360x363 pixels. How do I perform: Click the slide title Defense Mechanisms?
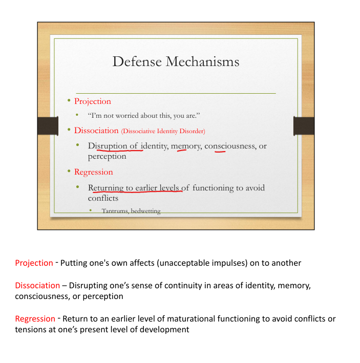click(176, 62)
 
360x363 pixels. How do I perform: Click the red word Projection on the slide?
click(93, 101)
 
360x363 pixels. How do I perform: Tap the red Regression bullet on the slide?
click(94, 172)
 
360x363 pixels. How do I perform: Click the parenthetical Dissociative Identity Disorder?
click(163, 131)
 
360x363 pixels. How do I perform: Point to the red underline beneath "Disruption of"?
click(119, 151)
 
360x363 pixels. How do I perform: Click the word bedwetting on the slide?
click(147, 211)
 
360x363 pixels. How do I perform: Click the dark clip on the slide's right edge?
click(303, 126)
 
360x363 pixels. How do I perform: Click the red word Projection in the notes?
click(34, 263)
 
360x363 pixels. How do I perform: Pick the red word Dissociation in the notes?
click(37, 286)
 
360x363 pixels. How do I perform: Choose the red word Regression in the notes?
click(35, 319)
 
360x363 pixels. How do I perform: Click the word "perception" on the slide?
click(107, 156)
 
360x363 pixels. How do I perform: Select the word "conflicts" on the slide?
click(103, 198)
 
